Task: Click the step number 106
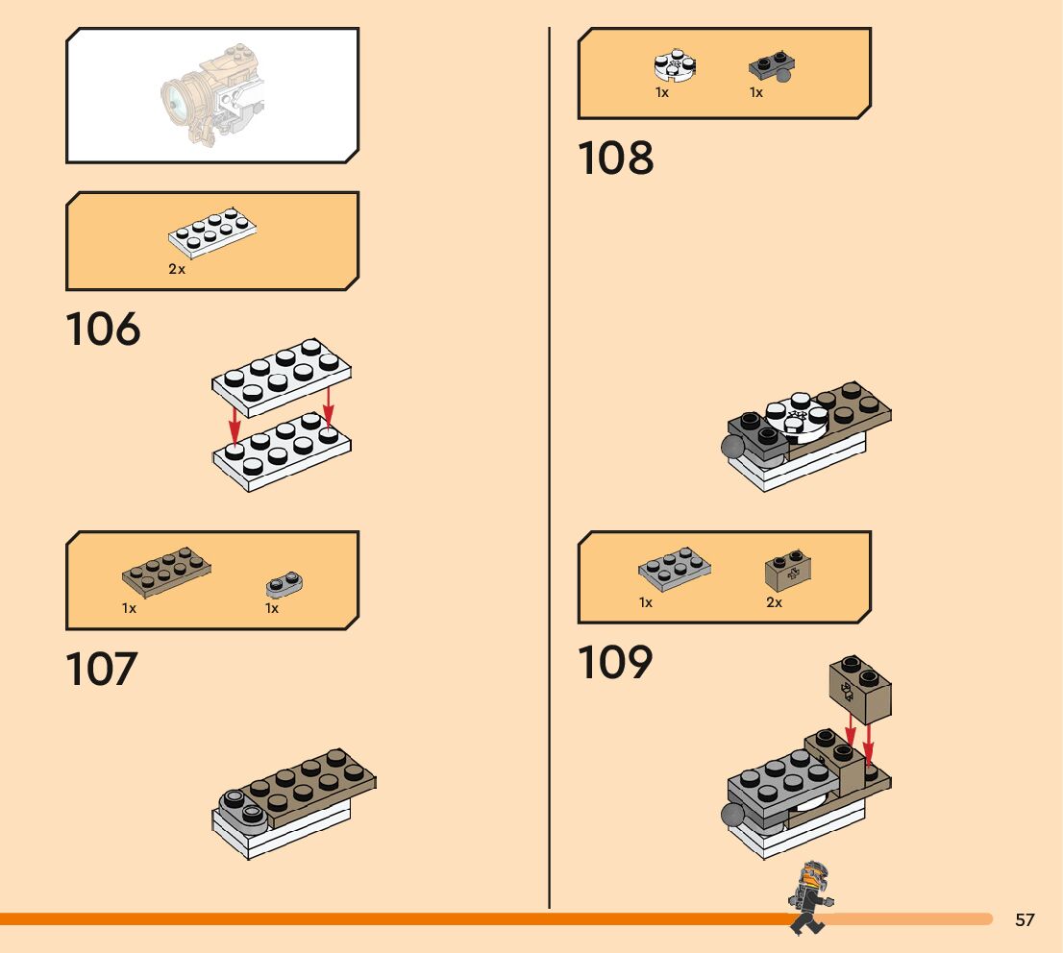click(x=103, y=330)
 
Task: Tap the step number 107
click(x=102, y=669)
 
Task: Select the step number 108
click(x=615, y=159)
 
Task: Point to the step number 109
click(x=615, y=663)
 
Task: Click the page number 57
click(x=1025, y=920)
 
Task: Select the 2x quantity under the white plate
click(x=177, y=270)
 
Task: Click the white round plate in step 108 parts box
click(x=675, y=64)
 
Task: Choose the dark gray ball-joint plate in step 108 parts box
click(x=771, y=67)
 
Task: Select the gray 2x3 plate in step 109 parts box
click(x=675, y=569)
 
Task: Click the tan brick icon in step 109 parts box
click(x=784, y=572)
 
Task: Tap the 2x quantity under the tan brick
click(x=774, y=603)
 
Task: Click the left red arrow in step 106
click(x=235, y=422)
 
